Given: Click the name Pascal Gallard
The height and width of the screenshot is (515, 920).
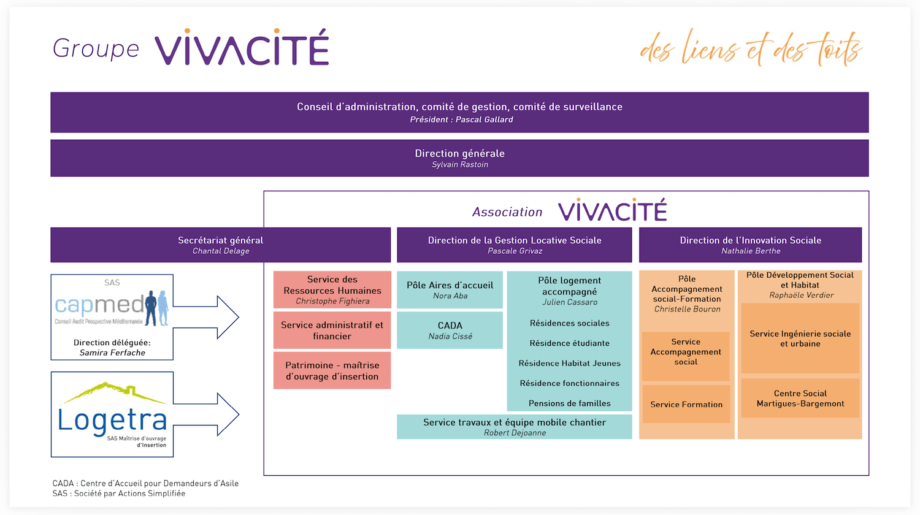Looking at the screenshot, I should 484,120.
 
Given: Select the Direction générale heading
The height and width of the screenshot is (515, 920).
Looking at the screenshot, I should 459,153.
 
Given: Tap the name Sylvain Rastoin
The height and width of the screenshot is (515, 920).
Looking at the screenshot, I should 460,164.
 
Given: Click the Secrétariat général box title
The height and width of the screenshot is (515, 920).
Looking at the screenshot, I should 220,240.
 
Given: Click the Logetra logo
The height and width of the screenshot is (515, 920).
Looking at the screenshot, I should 112,413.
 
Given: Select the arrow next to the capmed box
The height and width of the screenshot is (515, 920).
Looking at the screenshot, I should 209,317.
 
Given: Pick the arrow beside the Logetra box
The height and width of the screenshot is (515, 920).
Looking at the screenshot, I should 209,414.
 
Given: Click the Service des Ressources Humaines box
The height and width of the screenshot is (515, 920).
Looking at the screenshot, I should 332,289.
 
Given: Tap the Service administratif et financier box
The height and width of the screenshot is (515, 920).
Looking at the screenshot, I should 332,330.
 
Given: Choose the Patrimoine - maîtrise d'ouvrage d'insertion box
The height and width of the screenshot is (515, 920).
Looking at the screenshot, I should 332,370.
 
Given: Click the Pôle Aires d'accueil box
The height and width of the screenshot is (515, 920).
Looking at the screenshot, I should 450,289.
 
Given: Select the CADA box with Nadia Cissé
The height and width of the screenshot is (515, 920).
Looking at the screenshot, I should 450,330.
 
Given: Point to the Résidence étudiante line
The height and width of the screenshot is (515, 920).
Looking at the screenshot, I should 569,343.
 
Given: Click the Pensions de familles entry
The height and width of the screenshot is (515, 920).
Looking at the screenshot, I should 569,403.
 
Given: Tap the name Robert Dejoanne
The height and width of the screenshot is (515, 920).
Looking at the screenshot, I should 515,433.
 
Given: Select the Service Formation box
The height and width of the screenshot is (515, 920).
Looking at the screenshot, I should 686,404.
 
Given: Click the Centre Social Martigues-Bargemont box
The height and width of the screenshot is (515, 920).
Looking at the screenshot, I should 800,398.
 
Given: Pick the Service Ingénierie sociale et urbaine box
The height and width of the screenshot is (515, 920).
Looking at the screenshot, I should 800,338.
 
